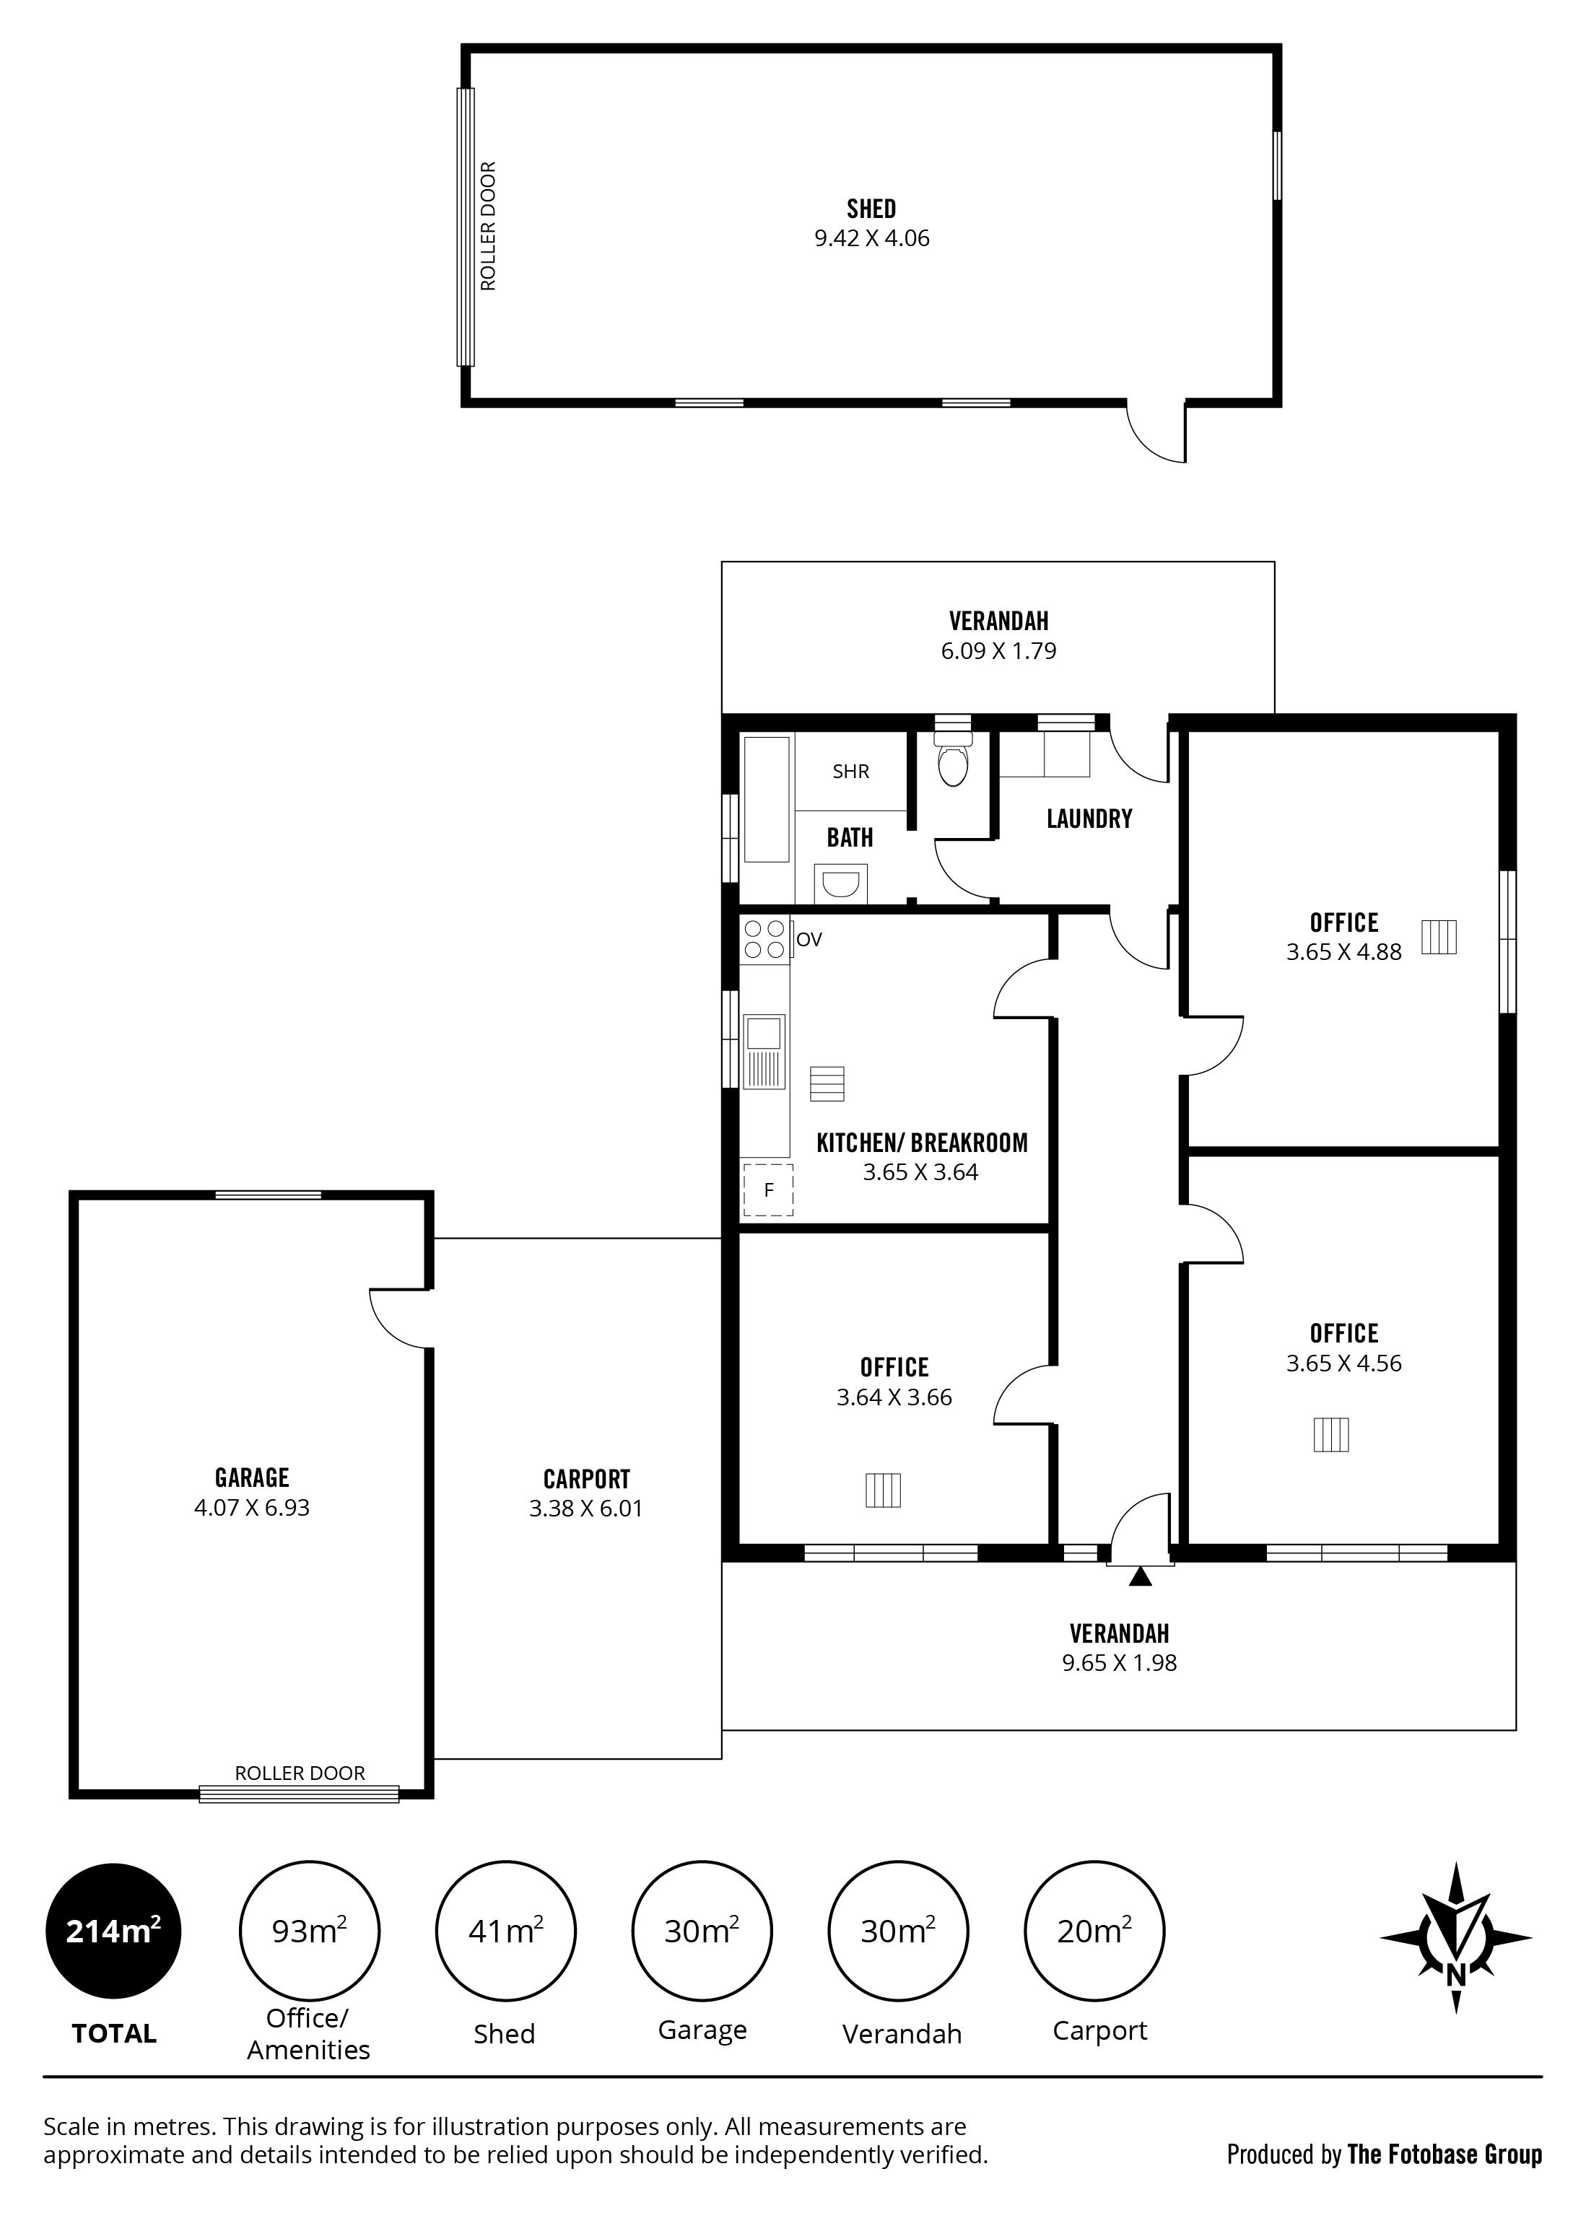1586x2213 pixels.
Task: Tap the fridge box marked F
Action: click(767, 1190)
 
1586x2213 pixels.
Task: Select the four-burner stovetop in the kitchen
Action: click(765, 938)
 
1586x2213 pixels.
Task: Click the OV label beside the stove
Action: click(809, 940)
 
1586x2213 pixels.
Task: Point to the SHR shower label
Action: click(850, 771)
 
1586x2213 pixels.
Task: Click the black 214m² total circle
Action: click(113, 1931)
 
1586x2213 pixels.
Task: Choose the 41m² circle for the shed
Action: click(505, 1931)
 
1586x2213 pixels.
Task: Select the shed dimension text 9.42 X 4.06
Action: click(871, 238)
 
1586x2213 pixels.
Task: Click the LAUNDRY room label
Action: click(1089, 819)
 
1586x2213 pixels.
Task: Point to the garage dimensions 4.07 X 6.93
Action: click(252, 1508)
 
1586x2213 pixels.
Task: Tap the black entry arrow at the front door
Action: click(1139, 1575)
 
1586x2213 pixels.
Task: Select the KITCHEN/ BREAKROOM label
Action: click(923, 1143)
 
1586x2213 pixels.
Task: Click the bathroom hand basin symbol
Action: click(840, 885)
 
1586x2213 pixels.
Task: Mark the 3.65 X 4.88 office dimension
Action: click(1344, 951)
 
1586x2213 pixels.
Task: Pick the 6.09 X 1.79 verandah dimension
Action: click(998, 651)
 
